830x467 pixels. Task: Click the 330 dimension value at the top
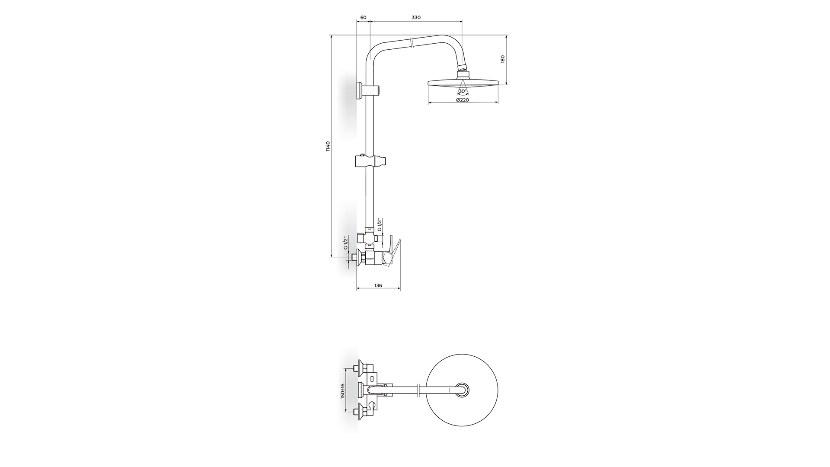pyautogui.click(x=416, y=18)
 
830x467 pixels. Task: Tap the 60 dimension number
pyautogui.click(x=364, y=18)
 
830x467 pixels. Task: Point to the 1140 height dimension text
pyautogui.click(x=328, y=146)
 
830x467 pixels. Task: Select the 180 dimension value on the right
pyautogui.click(x=503, y=59)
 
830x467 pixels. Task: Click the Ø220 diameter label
pyautogui.click(x=463, y=100)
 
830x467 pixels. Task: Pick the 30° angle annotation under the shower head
pyautogui.click(x=463, y=91)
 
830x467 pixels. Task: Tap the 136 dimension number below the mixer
pyautogui.click(x=378, y=285)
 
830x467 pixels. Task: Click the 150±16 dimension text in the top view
pyautogui.click(x=342, y=391)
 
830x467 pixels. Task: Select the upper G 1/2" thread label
pyautogui.click(x=380, y=225)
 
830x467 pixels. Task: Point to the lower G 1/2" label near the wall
pyautogui.click(x=346, y=243)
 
